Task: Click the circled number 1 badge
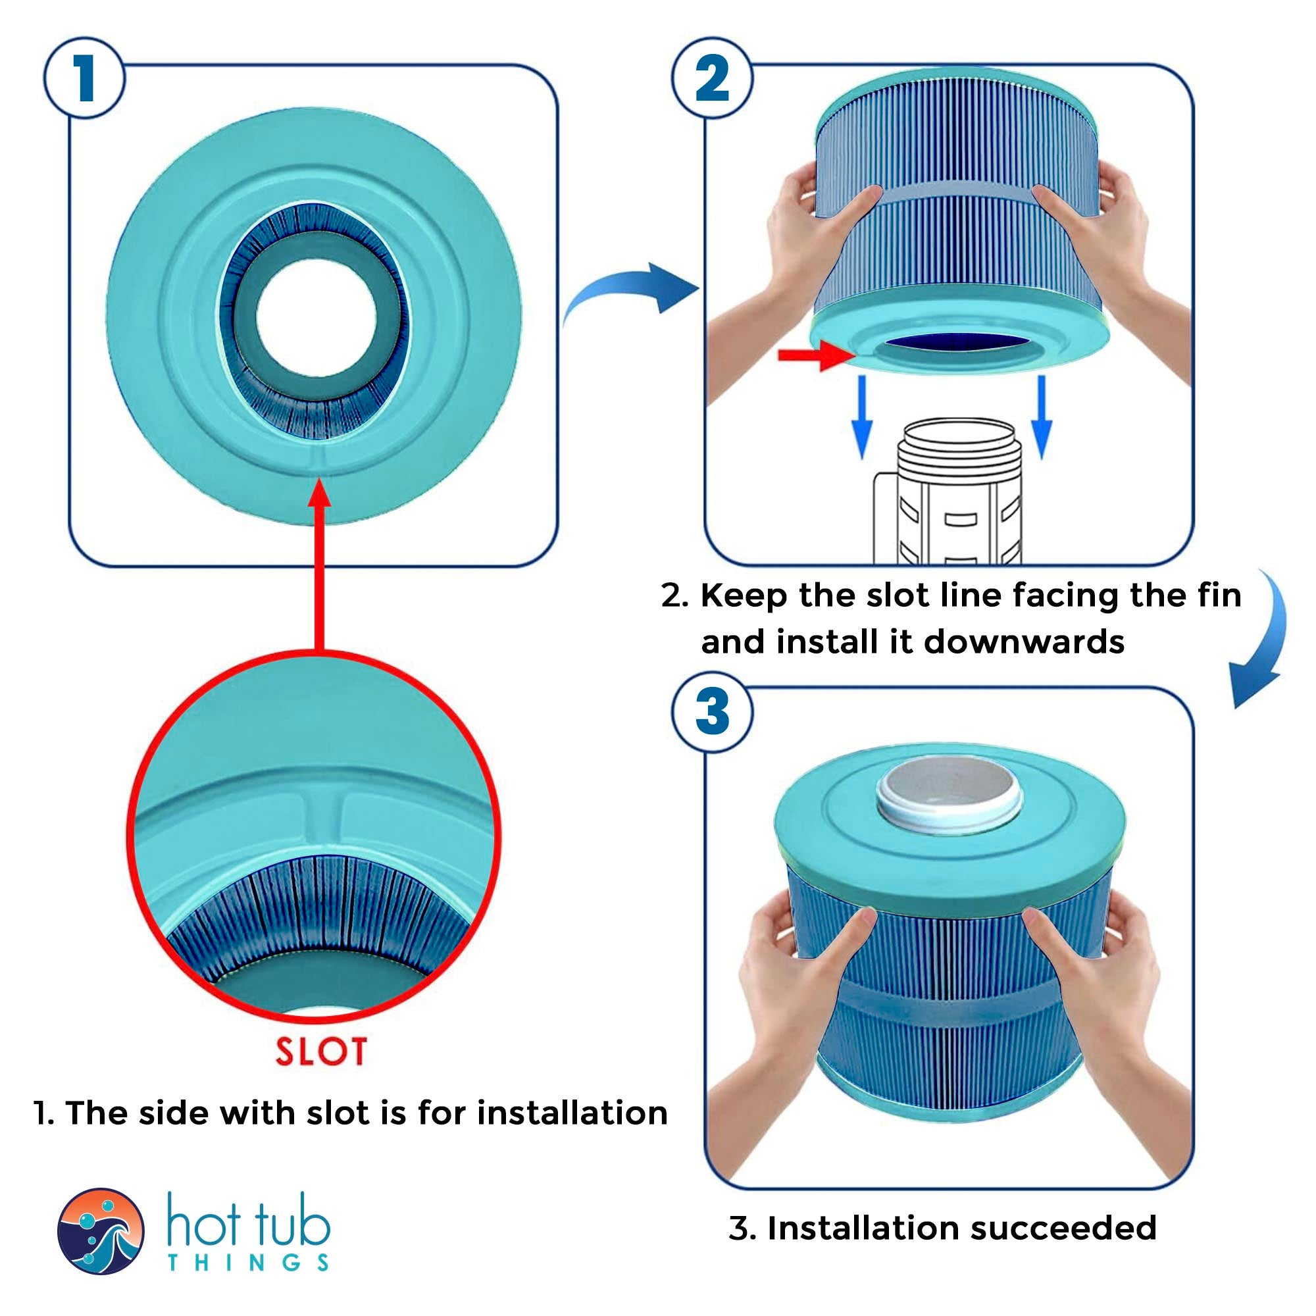[84, 79]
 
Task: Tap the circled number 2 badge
[712, 79]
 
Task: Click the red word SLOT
[321, 1051]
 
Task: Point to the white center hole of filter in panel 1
[316, 316]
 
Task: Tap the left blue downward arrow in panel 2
[862, 417]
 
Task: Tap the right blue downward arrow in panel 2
[1042, 417]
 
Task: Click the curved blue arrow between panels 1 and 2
[630, 290]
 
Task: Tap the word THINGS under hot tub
[249, 1262]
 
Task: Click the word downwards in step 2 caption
[1023, 642]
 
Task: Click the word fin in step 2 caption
[1219, 595]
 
